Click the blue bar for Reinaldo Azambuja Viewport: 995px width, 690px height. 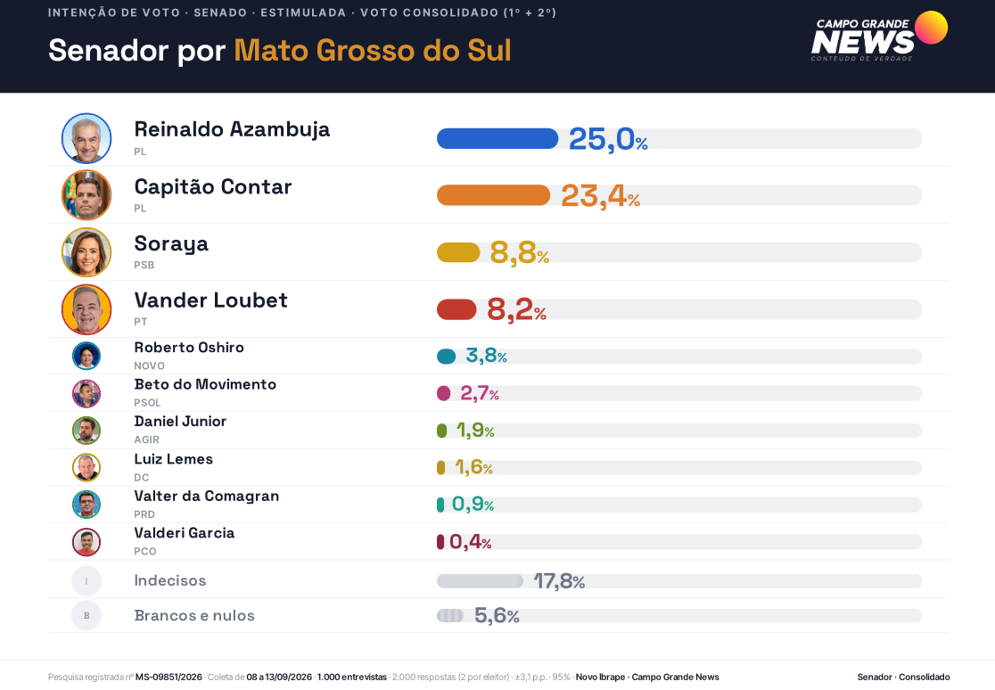tap(497, 138)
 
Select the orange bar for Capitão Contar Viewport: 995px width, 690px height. tap(493, 195)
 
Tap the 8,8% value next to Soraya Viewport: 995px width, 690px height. tap(519, 252)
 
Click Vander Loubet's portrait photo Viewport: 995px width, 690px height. tap(86, 309)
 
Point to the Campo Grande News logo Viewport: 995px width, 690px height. tap(879, 37)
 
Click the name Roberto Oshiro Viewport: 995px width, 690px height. tap(189, 347)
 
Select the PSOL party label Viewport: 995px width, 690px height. tap(147, 402)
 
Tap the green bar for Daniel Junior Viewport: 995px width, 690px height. tap(441, 431)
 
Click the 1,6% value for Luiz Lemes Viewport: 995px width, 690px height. tap(473, 467)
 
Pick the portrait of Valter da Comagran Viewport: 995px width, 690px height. tap(86, 505)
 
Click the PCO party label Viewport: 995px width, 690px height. tap(144, 551)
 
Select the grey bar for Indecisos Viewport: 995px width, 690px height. tap(480, 581)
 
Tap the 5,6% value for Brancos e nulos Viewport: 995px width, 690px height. tap(497, 615)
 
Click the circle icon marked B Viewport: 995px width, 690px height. tap(86, 615)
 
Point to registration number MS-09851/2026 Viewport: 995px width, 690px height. tap(169, 677)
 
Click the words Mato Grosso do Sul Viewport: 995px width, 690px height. tap(373, 50)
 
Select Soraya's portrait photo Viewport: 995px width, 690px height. tap(86, 252)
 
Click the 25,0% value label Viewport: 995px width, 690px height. tap(608, 139)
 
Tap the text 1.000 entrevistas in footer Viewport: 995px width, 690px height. tap(352, 677)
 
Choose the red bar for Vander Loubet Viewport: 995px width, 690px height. tap(456, 309)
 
